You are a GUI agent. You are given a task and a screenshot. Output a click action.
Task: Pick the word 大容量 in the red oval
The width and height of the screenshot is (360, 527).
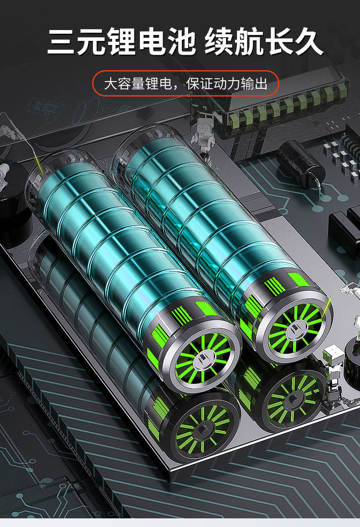(124, 84)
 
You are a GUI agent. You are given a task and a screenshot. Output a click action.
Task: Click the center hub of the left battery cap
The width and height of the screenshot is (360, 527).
(203, 358)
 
